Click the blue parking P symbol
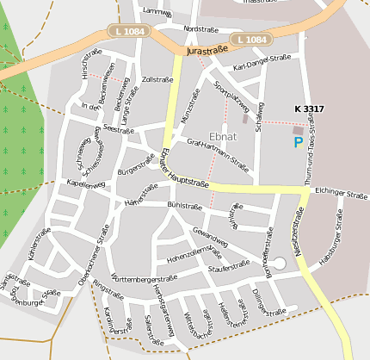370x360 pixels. click(x=299, y=142)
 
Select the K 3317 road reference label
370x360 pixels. click(x=309, y=109)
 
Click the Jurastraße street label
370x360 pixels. click(x=207, y=51)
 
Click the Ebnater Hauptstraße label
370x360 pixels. click(x=182, y=170)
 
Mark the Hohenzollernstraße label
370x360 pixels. click(x=195, y=256)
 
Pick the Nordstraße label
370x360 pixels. click(x=200, y=28)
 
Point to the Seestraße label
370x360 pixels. click(x=116, y=128)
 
